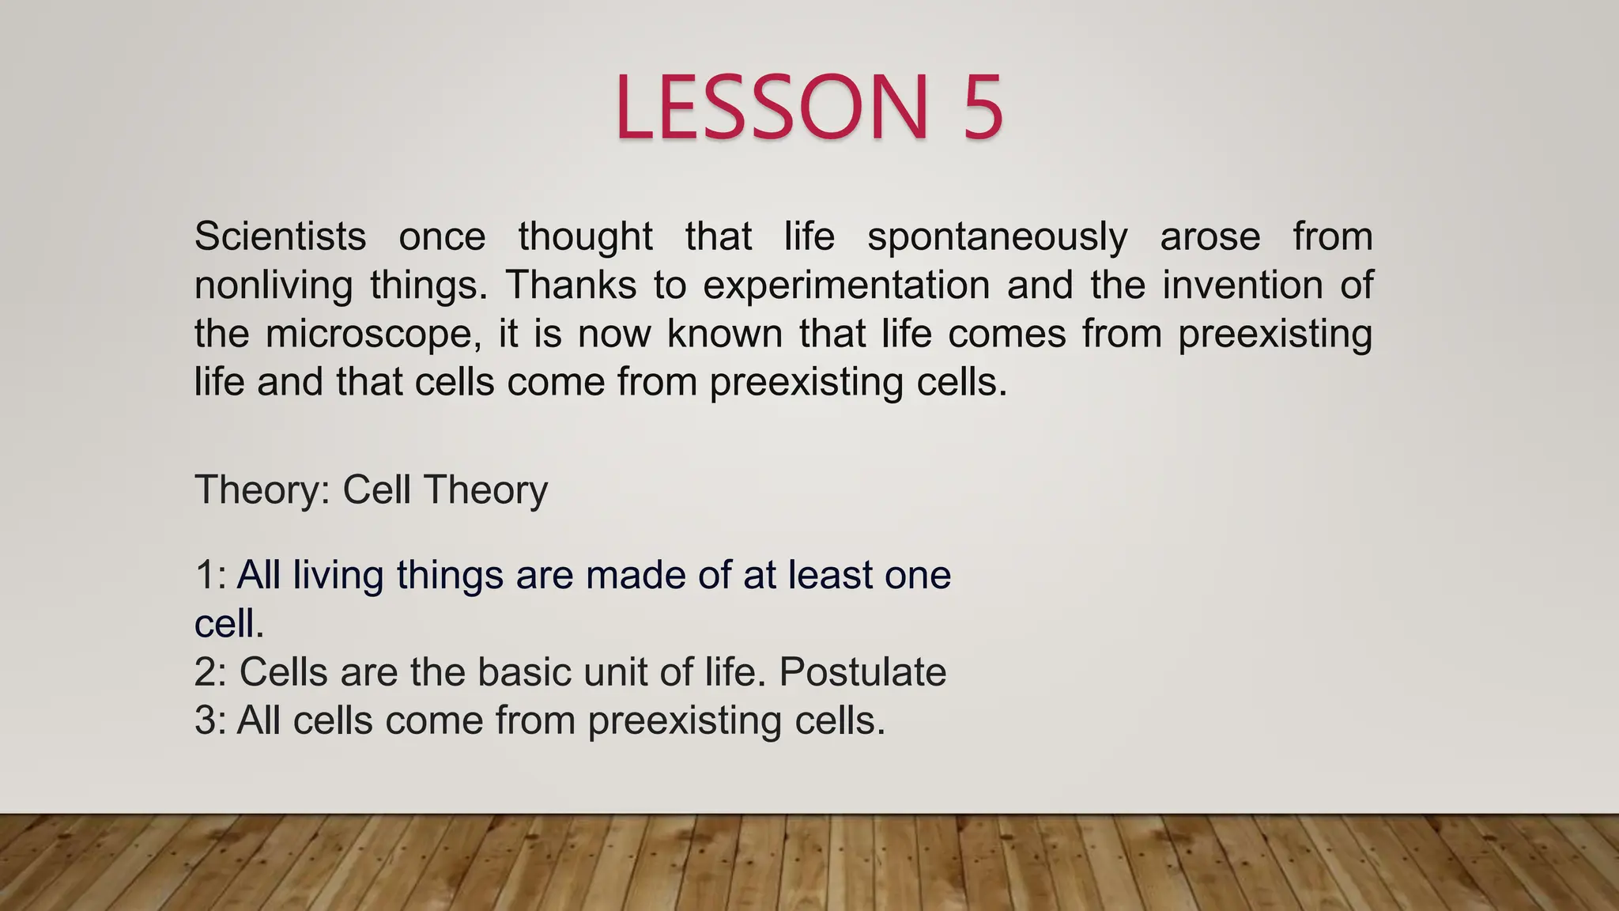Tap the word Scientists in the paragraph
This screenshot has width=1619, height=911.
280,236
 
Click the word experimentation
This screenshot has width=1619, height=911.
846,285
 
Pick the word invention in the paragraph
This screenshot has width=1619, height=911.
1242,285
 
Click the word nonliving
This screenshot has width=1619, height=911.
273,285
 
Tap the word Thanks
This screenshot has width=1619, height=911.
571,285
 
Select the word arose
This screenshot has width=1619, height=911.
1210,237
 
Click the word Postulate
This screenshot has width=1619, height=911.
862,672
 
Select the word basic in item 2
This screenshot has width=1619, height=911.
534,672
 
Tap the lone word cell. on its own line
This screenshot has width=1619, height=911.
228,624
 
